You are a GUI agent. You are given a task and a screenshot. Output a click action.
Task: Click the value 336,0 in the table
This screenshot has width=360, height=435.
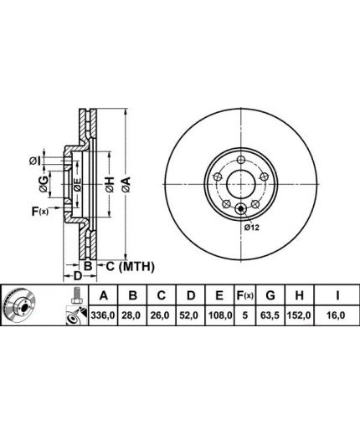pos(103,315)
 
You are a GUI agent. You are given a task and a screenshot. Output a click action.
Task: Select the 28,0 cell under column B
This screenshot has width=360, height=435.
pos(132,315)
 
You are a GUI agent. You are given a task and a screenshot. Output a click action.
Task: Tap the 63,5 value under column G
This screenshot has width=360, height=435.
pos(270,315)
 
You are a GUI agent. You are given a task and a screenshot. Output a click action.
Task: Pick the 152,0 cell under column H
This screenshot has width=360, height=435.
pos(299,315)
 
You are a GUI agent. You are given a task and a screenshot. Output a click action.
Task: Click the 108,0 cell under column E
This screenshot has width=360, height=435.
pos(220,315)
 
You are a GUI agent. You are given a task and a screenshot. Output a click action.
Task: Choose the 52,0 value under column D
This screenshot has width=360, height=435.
pos(190,315)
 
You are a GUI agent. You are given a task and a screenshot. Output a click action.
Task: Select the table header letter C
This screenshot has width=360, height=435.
pos(161,295)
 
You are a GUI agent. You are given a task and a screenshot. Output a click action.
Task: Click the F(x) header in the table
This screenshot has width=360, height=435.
pos(244,295)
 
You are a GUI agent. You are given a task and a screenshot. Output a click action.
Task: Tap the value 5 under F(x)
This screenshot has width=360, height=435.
pos(244,315)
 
